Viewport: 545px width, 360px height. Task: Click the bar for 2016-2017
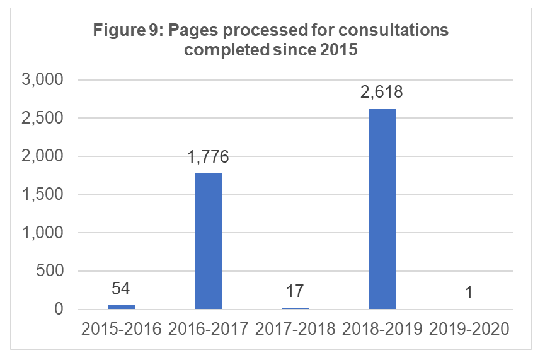coord(208,241)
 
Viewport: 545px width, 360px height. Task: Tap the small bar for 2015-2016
coord(121,307)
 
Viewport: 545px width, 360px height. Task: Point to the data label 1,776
coord(208,157)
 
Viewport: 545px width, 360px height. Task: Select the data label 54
coord(121,289)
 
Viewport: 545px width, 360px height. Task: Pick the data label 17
coord(295,291)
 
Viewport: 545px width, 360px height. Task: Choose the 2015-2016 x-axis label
coord(121,328)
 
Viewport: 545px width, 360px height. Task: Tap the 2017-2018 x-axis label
coord(295,328)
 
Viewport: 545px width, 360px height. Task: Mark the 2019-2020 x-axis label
coord(469,328)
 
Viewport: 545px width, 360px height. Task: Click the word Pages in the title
coord(188,31)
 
